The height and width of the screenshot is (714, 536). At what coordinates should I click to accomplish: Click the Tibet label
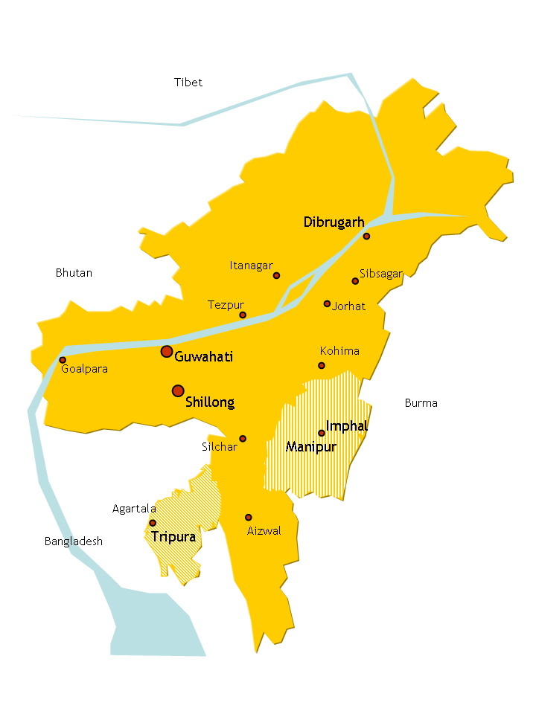(188, 83)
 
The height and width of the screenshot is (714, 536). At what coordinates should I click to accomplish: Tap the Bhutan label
(74, 273)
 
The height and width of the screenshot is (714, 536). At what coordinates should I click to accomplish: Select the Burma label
(421, 403)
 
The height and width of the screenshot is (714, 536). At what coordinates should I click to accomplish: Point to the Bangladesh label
(74, 541)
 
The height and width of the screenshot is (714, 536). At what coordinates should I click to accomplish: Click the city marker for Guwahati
(167, 351)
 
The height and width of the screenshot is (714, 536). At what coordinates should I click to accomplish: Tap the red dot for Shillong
(178, 390)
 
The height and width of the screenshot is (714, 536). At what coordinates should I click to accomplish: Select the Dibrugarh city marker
(366, 236)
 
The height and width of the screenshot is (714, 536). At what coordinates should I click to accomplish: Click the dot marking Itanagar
(276, 275)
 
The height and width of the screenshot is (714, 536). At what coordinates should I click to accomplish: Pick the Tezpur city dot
(243, 315)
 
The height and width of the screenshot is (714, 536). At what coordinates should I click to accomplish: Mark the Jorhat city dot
(327, 303)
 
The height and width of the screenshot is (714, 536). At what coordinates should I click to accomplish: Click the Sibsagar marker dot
(355, 281)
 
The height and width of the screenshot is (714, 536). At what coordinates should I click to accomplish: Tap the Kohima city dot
(322, 365)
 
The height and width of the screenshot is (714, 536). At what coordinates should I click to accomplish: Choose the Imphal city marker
(322, 433)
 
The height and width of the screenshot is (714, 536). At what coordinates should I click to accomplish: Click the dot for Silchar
(243, 439)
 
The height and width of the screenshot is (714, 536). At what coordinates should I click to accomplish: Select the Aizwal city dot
(249, 517)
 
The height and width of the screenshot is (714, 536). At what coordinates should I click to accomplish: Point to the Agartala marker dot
(153, 523)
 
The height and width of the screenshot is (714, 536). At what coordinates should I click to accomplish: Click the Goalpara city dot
(63, 360)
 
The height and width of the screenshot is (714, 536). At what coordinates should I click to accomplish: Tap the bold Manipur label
(311, 447)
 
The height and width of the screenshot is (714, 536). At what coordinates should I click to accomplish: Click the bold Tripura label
(173, 536)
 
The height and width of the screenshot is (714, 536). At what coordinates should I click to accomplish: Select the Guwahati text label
(203, 357)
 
